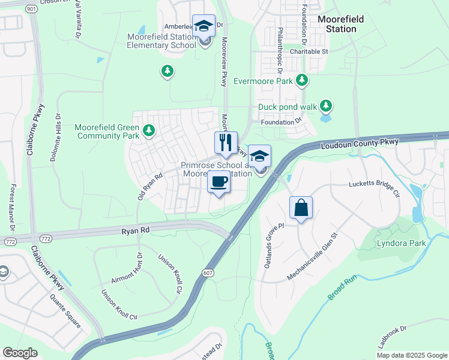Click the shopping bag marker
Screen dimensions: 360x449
coord(301,208)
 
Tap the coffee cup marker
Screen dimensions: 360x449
coord(218,181)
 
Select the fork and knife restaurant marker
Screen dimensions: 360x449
coord(226,143)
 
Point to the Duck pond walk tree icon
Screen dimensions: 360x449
coord(326,106)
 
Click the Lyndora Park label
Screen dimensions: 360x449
coord(401,243)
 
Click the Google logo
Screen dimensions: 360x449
coord(20,353)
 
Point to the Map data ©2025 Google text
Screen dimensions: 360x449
coord(411,355)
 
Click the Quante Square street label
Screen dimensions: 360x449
coord(65,313)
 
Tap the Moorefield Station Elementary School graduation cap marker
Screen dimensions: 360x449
coord(204,26)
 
